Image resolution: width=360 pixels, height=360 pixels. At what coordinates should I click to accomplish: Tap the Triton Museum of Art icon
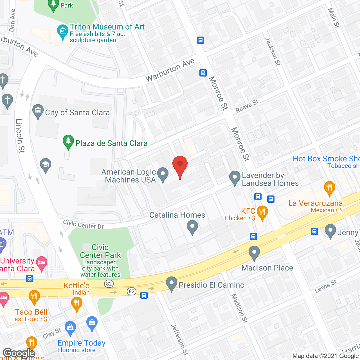62,31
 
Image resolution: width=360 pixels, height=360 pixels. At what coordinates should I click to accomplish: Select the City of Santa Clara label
77,112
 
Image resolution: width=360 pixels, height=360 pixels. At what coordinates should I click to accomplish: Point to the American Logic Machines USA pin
163,174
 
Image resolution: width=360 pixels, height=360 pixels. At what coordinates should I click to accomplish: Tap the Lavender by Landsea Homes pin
235,178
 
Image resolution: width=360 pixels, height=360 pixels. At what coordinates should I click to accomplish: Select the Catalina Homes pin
192,227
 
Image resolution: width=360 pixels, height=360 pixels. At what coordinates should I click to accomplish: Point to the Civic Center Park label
100,251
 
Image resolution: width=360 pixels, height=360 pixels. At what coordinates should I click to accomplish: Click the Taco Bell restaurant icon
34,296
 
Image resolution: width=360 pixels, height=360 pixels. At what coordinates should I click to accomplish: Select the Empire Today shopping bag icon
70,327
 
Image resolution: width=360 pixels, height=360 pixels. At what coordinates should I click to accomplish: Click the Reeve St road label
247,106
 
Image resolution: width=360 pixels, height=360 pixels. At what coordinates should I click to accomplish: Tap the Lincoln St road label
20,136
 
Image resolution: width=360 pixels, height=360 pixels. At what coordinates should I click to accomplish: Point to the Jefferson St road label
179,339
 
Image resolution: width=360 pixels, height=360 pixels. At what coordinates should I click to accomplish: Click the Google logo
19,353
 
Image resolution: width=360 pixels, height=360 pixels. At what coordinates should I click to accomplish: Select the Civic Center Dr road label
84,224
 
